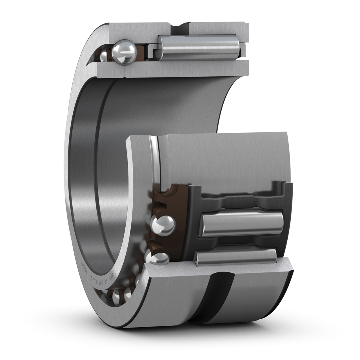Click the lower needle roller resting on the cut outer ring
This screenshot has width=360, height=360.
[x=236, y=257]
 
